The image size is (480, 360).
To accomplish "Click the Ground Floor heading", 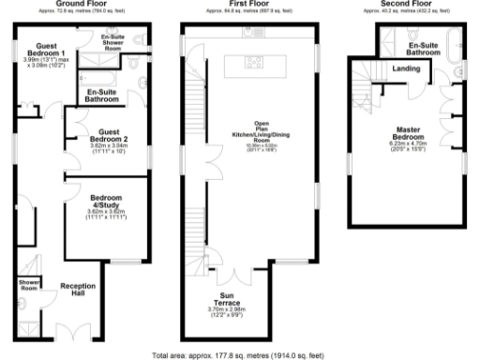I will click(86, 4).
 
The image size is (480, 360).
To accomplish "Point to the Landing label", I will click(406, 69).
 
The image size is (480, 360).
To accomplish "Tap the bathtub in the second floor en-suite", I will click(457, 41).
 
